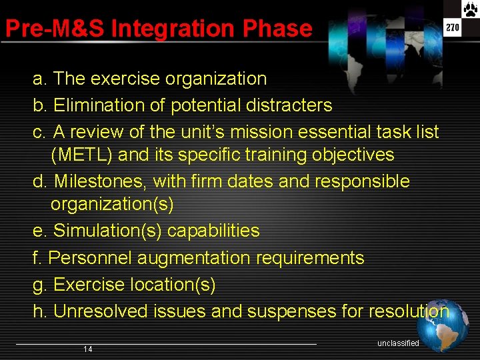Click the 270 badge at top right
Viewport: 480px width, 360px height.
[x=453, y=28]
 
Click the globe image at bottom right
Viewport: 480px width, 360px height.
[x=443, y=325]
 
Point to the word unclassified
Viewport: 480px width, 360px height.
[x=398, y=343]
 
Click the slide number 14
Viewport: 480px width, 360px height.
[x=88, y=349]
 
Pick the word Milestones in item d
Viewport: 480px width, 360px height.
[x=101, y=181]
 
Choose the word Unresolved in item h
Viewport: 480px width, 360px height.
[x=101, y=311]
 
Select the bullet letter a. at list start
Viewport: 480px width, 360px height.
[x=40, y=79]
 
